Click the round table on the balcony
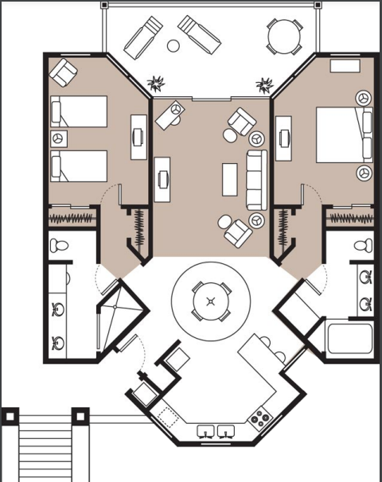[x=284, y=36]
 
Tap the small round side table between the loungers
[x=173, y=46]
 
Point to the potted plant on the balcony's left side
[x=155, y=82]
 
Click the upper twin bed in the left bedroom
[x=79, y=111]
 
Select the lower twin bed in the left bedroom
[x=79, y=166]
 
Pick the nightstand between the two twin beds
[x=58, y=139]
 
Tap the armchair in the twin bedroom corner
[x=62, y=73]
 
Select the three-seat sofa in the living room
[x=255, y=180]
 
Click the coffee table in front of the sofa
[x=230, y=178]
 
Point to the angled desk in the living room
[x=169, y=116]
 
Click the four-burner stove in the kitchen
[x=259, y=417]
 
